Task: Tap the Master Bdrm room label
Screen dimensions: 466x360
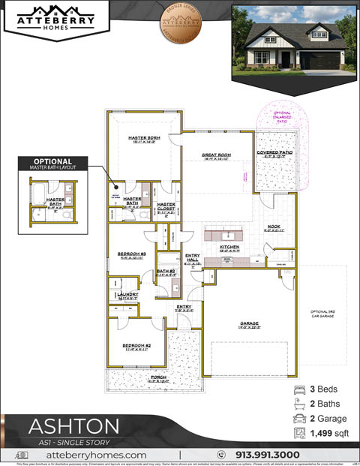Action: click(x=144, y=139)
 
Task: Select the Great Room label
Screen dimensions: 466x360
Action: click(x=216, y=155)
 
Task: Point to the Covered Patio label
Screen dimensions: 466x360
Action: click(x=274, y=153)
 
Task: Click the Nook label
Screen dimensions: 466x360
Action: click(x=274, y=227)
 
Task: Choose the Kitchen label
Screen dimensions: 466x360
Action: click(x=229, y=247)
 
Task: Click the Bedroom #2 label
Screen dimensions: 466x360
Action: click(x=137, y=346)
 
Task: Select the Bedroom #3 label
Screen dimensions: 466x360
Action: click(x=131, y=254)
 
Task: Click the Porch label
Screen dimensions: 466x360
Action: click(x=158, y=378)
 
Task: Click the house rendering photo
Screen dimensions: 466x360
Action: click(x=293, y=39)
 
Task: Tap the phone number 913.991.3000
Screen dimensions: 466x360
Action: click(x=268, y=455)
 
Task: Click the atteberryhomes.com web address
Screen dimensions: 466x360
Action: click(x=96, y=455)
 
